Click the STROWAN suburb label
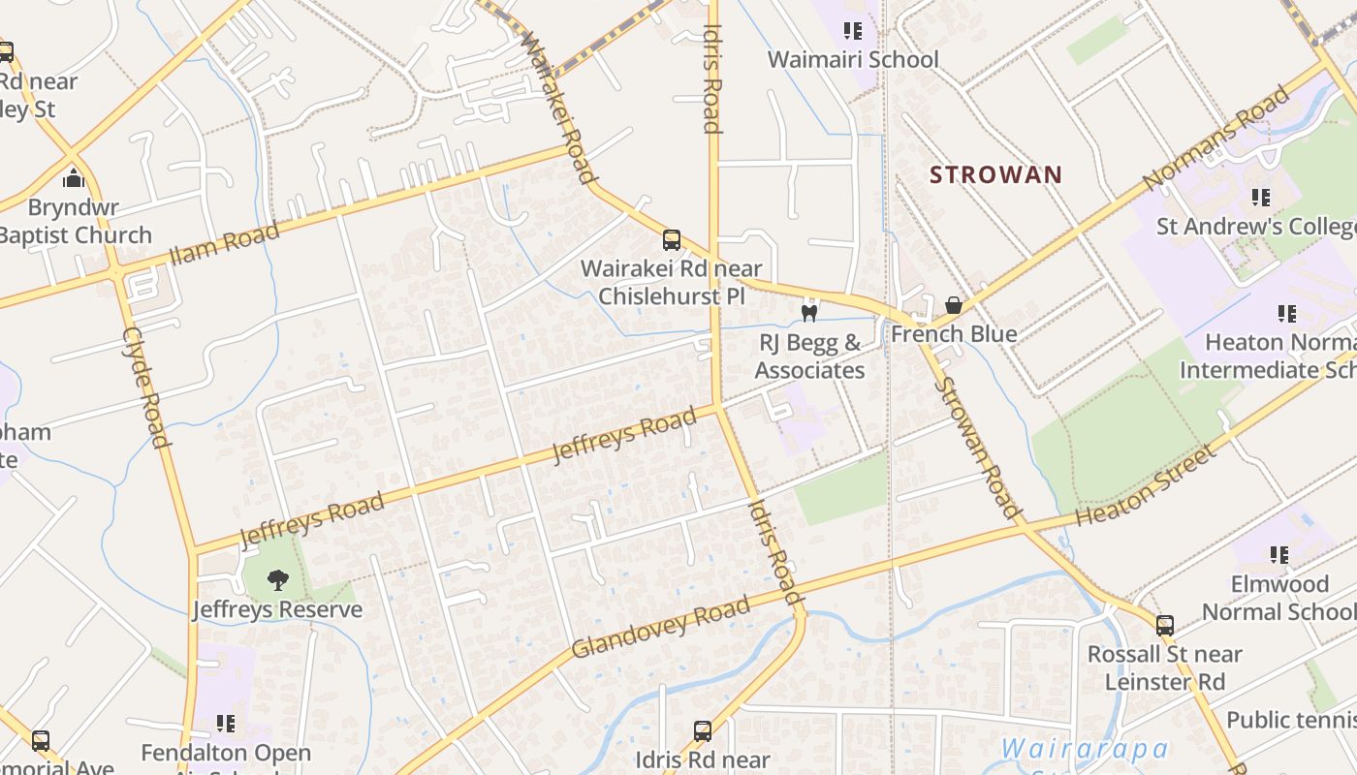pyautogui.click(x=995, y=175)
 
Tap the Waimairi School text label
pyautogui.click(x=853, y=60)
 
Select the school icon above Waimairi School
pyautogui.click(x=853, y=31)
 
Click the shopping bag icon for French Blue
pyautogui.click(x=954, y=306)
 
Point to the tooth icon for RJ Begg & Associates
pyautogui.click(x=809, y=313)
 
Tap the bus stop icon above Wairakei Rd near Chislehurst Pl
pyautogui.click(x=671, y=239)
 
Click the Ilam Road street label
pyautogui.click(x=224, y=243)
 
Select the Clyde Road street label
pyautogui.click(x=147, y=387)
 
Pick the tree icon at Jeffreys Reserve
pyautogui.click(x=277, y=580)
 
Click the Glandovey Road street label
pyautogui.click(x=660, y=628)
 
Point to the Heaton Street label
pyautogui.click(x=1145, y=485)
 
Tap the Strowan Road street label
pyautogui.click(x=977, y=448)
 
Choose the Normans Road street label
pyautogui.click(x=1216, y=138)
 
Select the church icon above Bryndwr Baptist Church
pyautogui.click(x=74, y=178)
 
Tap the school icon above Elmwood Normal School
pyautogui.click(x=1279, y=555)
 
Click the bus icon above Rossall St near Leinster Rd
pyautogui.click(x=1164, y=626)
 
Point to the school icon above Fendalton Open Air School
pyautogui.click(x=226, y=724)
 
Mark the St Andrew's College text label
pyautogui.click(x=1256, y=227)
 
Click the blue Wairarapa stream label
pyautogui.click(x=1084, y=749)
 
